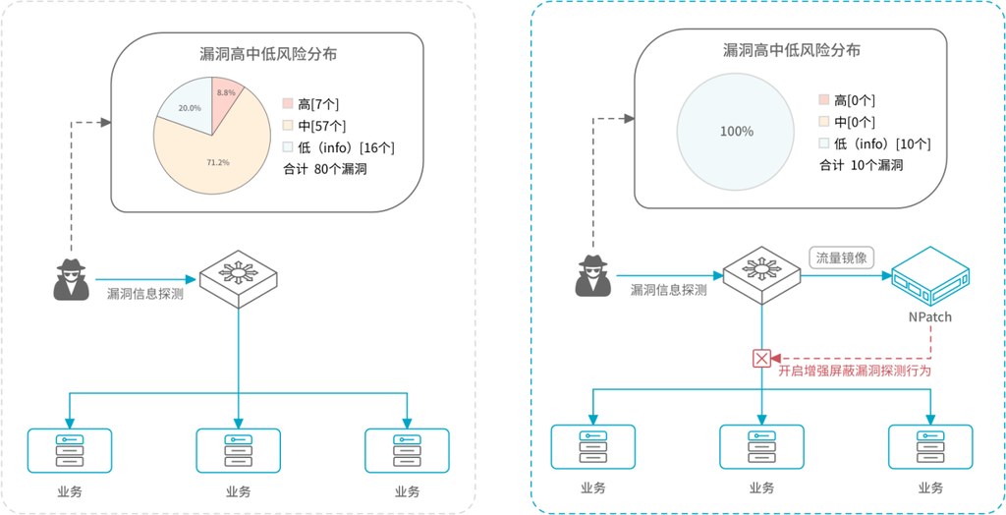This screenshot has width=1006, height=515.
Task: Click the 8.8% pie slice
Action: (226, 96)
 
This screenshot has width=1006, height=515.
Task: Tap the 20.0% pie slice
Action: (186, 106)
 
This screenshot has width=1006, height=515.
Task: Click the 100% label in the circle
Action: (736, 132)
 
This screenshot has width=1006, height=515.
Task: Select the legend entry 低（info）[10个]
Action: (874, 143)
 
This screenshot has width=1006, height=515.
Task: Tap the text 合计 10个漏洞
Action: (861, 165)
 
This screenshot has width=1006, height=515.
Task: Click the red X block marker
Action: (761, 358)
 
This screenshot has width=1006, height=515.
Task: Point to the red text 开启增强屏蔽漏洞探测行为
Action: (854, 372)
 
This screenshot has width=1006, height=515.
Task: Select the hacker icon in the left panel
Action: (71, 279)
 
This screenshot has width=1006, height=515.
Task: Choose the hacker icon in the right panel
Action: (592, 276)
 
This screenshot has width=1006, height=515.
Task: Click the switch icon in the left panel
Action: (238, 277)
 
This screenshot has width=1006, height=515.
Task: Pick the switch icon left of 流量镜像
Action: (761, 274)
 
